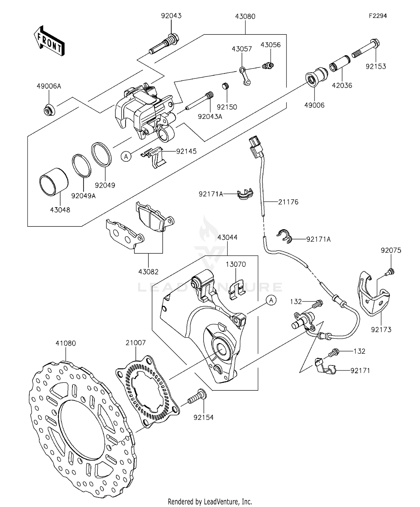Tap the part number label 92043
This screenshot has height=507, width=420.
(x=171, y=16)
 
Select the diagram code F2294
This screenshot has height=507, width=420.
(x=377, y=16)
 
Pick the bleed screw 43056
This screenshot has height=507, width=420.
(x=268, y=66)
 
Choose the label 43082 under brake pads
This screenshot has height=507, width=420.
(x=148, y=272)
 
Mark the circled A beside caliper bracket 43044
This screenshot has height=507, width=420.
(x=271, y=300)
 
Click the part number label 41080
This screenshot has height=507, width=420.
(x=66, y=343)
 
